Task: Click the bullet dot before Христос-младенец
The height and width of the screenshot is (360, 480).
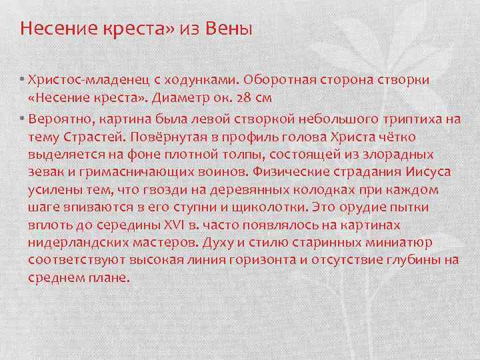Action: point(22,80)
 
